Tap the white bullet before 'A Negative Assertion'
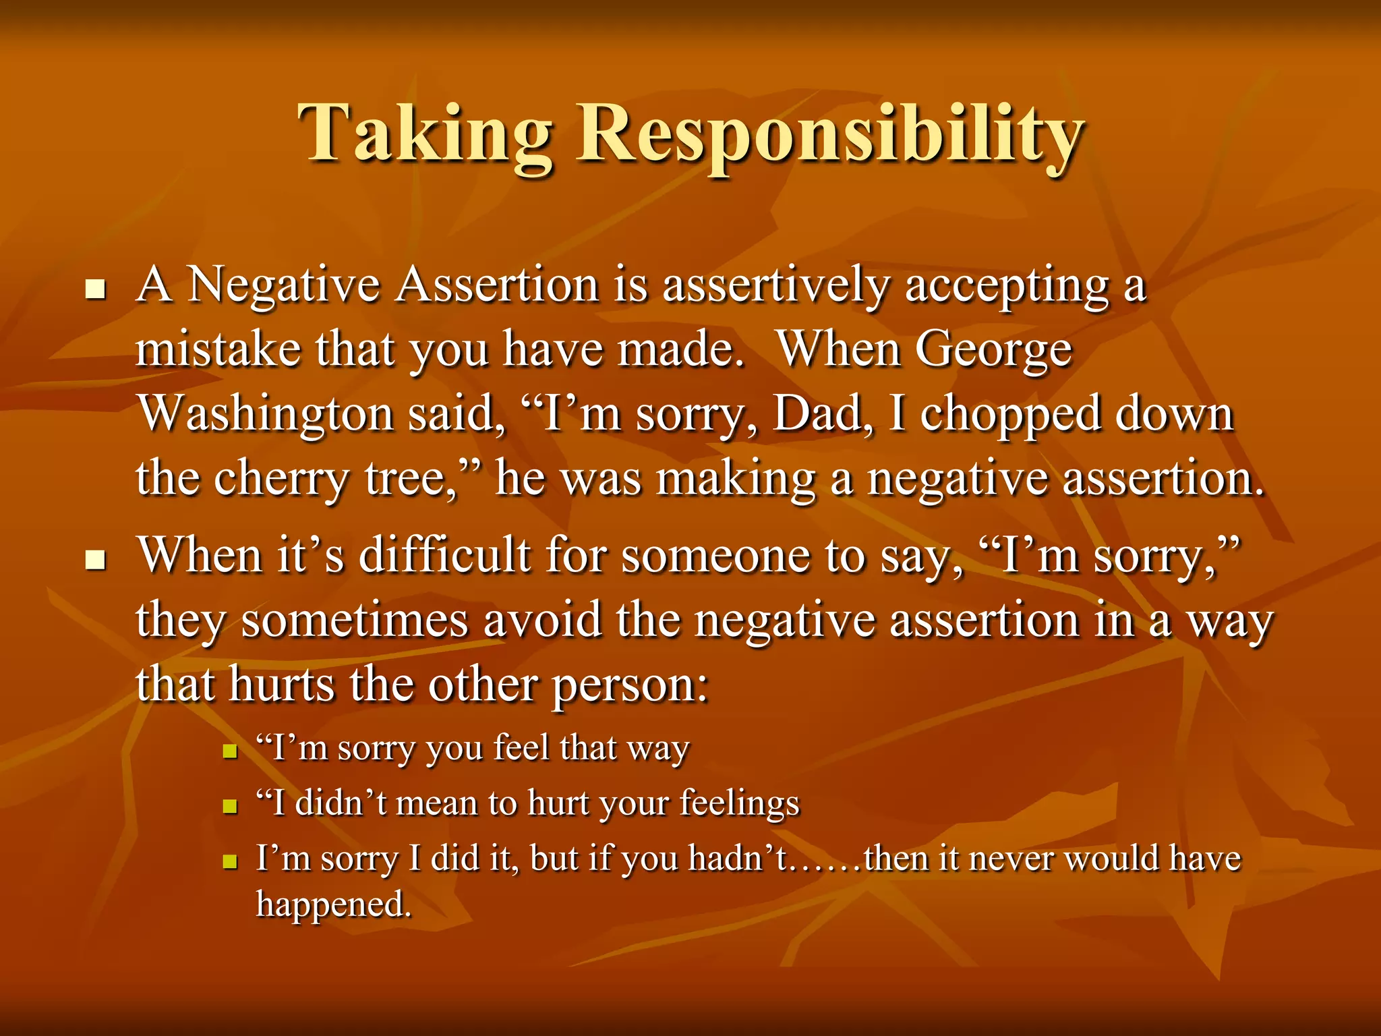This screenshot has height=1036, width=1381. click(x=96, y=291)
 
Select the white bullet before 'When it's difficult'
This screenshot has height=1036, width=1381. click(x=96, y=560)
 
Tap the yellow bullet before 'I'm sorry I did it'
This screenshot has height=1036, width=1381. click(x=231, y=861)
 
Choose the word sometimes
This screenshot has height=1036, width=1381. click(x=355, y=621)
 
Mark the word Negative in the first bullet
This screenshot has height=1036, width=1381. click(x=283, y=285)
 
